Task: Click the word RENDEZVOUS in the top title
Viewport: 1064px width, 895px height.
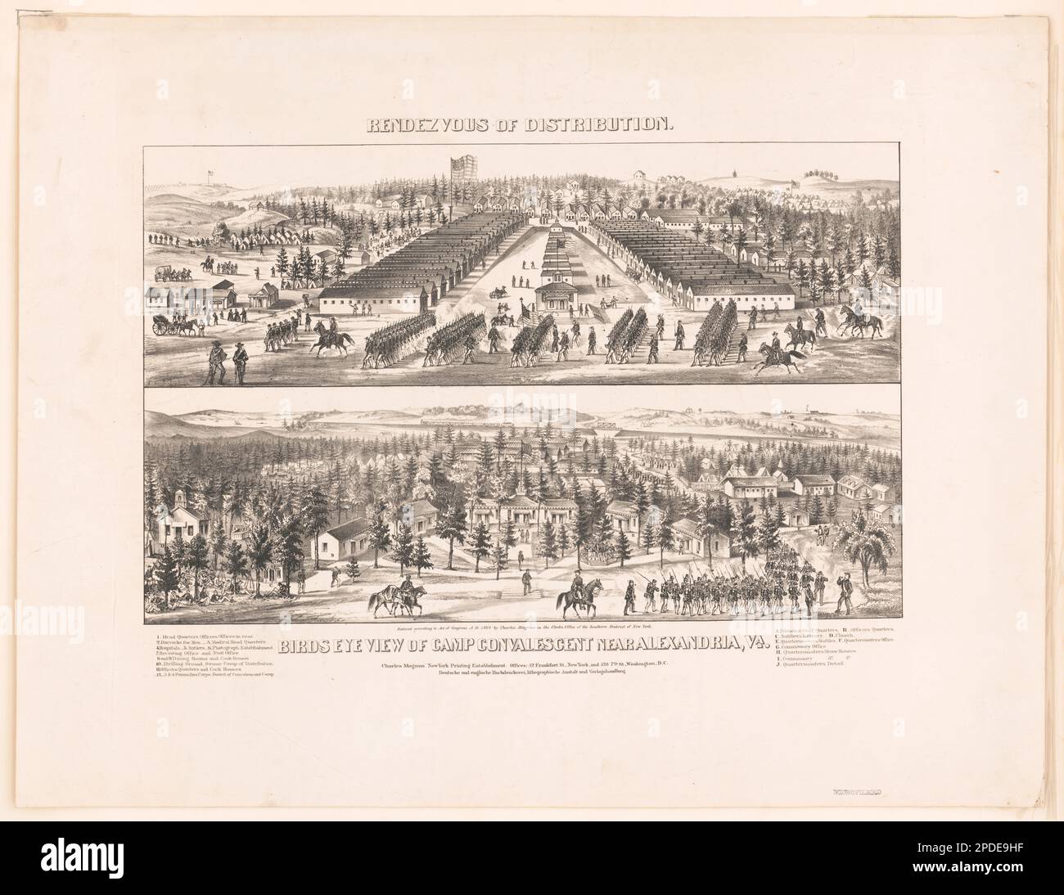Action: (416, 125)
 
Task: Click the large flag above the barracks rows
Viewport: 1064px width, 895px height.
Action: (464, 175)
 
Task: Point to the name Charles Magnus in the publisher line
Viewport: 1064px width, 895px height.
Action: (406, 663)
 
